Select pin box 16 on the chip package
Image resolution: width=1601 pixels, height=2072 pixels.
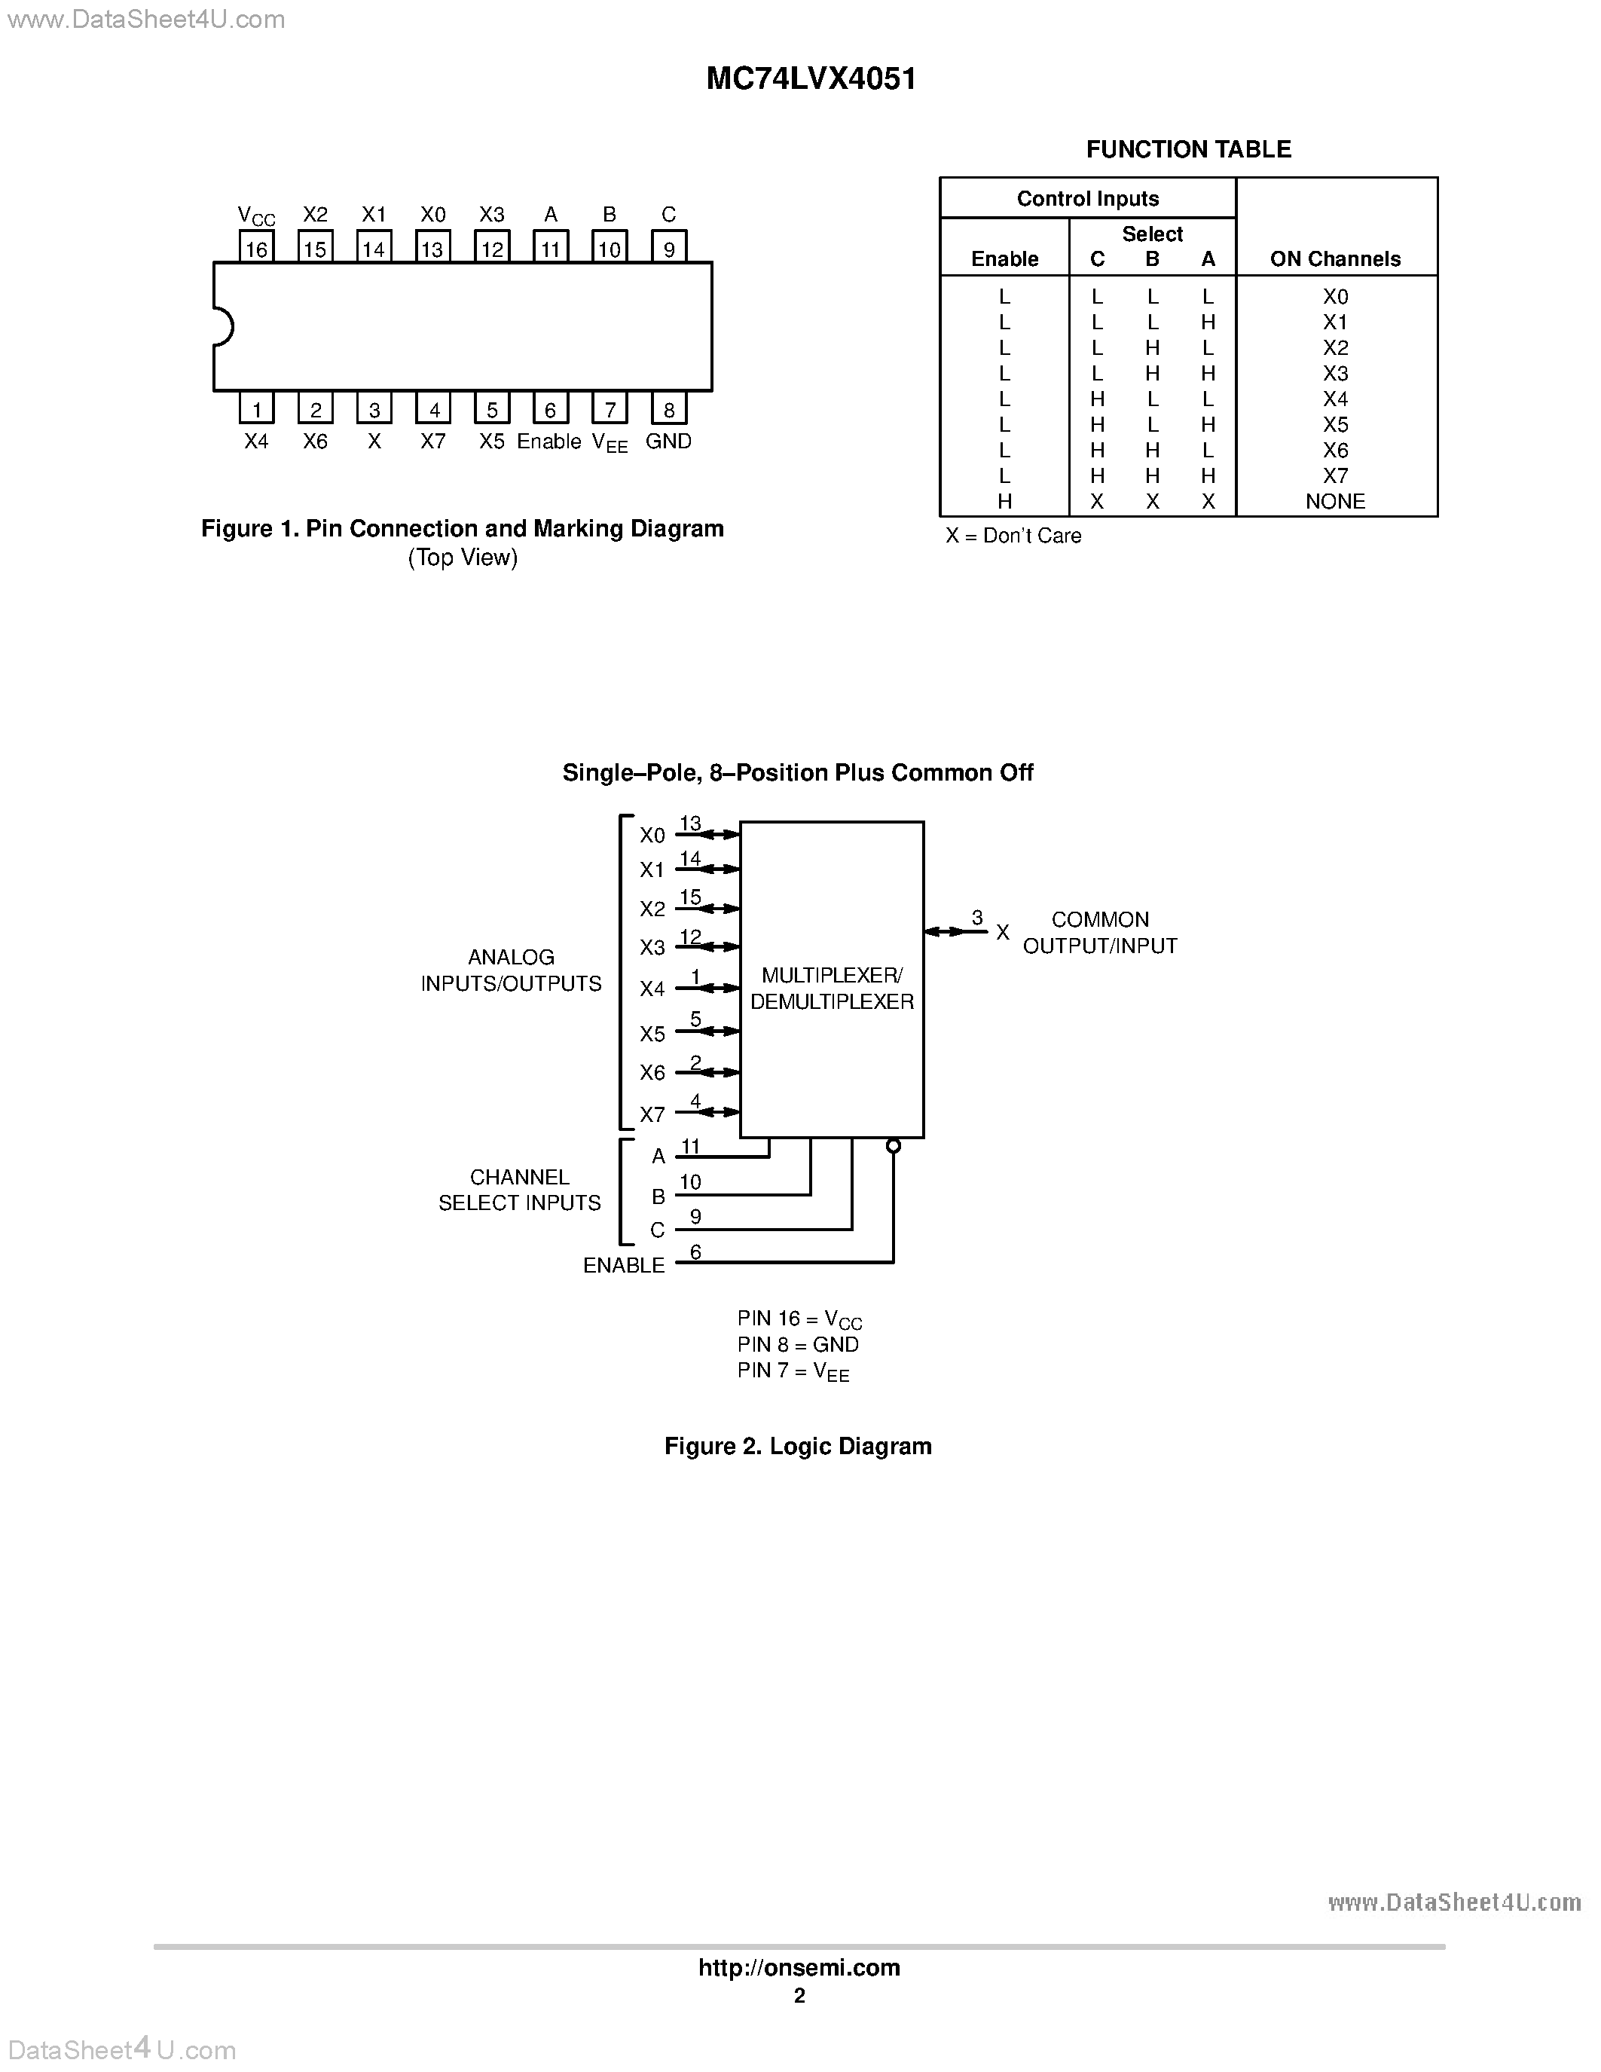point(256,249)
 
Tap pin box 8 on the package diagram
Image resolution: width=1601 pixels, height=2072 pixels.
point(669,410)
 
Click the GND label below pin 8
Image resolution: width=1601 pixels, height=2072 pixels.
point(669,442)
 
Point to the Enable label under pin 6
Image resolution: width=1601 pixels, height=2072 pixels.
point(549,442)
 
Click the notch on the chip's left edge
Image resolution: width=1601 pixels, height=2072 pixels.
point(223,326)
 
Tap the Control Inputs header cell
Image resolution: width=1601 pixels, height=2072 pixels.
point(1088,198)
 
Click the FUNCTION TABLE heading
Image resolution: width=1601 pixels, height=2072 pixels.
point(1188,149)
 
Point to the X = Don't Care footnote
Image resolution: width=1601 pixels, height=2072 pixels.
point(1013,536)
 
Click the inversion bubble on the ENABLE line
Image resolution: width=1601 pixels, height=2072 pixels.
point(893,1146)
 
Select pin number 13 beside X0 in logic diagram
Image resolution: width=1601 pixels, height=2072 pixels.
point(690,824)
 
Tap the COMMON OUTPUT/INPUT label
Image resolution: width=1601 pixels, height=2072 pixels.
point(1100,933)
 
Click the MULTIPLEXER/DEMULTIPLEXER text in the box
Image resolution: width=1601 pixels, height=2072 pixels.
point(832,989)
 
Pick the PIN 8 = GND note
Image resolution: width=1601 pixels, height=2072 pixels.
point(798,1344)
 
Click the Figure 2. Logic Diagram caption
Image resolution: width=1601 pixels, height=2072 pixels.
point(798,1446)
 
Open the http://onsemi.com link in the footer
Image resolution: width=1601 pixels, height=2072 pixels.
point(799,1967)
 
